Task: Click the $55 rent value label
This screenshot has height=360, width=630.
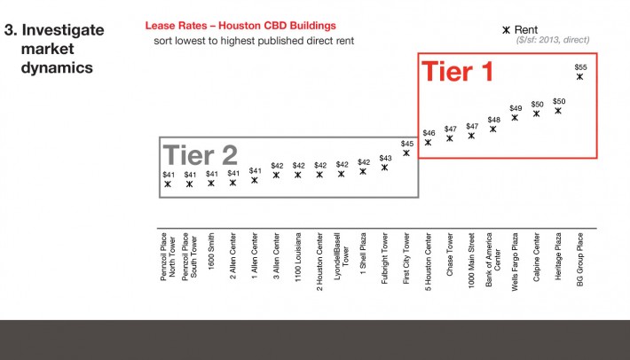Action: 580,67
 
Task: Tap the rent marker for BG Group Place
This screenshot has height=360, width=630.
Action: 579,76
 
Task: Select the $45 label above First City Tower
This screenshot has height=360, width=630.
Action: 407,144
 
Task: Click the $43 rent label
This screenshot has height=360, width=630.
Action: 385,158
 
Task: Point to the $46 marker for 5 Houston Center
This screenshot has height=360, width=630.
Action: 428,143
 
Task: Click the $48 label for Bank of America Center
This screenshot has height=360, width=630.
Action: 493,120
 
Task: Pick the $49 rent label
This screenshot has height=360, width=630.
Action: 516,108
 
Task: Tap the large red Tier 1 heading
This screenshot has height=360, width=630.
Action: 457,72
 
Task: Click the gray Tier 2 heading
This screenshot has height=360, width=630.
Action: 200,155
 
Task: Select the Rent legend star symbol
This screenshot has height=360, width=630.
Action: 507,30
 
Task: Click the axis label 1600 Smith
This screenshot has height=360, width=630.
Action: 211,251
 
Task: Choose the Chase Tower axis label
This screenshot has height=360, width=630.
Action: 450,254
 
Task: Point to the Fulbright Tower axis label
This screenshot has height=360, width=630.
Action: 384,258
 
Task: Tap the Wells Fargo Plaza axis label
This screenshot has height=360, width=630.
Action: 515,262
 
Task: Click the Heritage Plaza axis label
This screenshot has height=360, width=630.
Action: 558,256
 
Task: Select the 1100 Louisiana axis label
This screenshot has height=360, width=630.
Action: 298,257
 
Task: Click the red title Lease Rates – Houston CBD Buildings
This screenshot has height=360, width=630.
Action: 240,26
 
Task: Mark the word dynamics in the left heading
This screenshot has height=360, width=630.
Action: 57,67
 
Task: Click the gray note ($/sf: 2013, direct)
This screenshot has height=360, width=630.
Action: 553,40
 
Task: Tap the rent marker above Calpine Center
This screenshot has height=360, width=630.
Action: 536,113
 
